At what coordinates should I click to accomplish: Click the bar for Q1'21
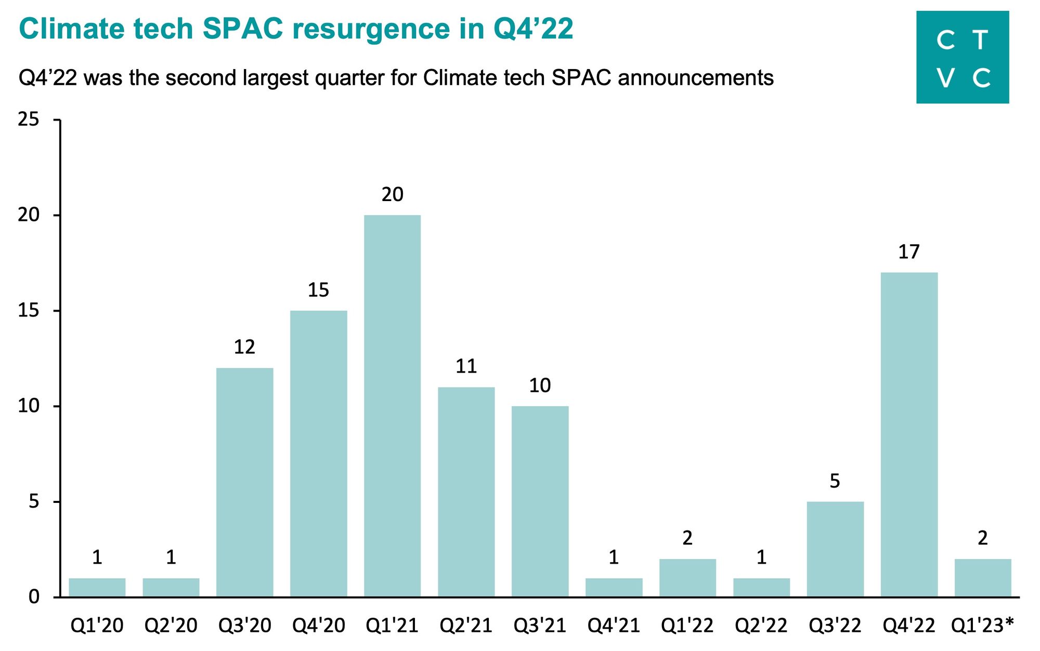(392, 405)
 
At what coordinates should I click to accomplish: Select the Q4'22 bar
(909, 434)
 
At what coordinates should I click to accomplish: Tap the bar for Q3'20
(244, 482)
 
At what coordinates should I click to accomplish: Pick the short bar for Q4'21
(614, 587)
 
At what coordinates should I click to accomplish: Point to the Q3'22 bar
(835, 549)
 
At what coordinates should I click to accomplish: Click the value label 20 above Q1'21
(392, 194)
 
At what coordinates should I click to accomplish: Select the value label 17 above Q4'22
(909, 252)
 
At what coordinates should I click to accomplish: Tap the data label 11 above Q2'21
(466, 366)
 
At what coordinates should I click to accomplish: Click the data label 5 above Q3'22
(835, 481)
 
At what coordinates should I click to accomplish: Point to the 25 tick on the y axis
(29, 119)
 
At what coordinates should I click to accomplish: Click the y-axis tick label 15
(29, 311)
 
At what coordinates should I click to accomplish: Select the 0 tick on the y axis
(34, 596)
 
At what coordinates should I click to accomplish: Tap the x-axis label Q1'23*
(982, 626)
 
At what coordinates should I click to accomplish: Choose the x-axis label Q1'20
(97, 626)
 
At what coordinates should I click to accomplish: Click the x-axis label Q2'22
(761, 626)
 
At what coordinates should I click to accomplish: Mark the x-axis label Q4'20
(318, 626)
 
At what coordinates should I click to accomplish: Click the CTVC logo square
(963, 57)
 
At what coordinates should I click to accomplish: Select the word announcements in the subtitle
(696, 78)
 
